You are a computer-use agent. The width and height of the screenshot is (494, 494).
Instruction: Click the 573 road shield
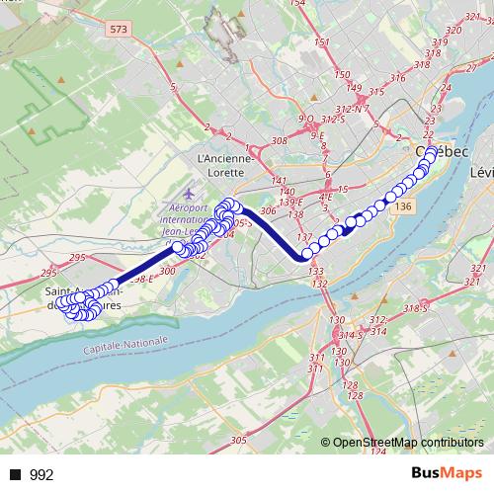pos(120,31)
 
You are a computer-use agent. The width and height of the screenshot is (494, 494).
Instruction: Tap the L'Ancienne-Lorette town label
pos(226,163)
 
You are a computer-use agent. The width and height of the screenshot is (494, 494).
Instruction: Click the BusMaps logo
pos(448,474)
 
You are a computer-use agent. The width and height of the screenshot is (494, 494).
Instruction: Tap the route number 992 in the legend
pos(41,475)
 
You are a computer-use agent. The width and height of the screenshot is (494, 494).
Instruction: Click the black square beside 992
pos(16,475)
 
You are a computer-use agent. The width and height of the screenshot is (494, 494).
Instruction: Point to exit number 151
pos(321,42)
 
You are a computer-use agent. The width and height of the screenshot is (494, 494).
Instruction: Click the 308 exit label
pos(279,141)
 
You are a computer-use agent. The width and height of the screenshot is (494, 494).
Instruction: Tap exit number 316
pos(398,78)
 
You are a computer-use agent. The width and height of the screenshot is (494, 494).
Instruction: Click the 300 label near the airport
pos(167,270)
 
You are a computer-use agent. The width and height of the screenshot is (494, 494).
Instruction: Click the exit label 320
pos(453,31)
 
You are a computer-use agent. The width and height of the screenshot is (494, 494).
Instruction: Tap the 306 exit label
pos(267,210)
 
